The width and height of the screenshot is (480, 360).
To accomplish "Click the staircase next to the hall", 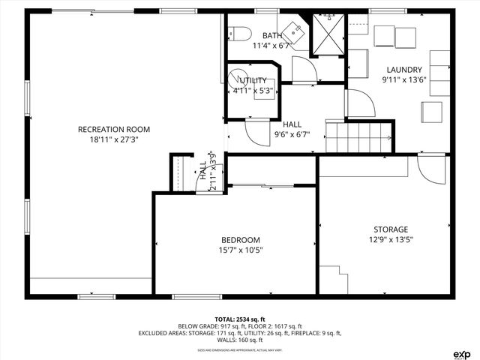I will pos(359,136).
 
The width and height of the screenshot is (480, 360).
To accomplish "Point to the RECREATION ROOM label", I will pos(114,129).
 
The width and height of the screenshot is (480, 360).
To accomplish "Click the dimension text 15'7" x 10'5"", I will pos(241,250).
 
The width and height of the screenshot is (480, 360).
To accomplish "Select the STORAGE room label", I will pos(391,229).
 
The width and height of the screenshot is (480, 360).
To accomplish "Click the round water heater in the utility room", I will pos(238,78).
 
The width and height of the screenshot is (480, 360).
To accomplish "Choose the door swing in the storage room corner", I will pos(430,172).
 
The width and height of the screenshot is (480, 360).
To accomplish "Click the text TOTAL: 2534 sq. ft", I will pos(240,319).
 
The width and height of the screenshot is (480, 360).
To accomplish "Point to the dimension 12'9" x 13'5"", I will pos(391,239).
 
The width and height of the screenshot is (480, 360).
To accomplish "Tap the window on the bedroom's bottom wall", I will pos(193,296).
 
